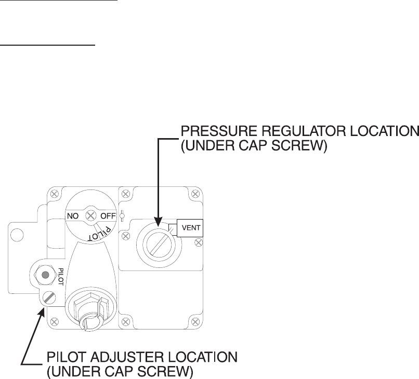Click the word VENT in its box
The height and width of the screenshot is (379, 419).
(x=190, y=227)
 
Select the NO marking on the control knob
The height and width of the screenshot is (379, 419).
(x=73, y=215)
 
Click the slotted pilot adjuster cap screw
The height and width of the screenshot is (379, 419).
(x=49, y=297)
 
